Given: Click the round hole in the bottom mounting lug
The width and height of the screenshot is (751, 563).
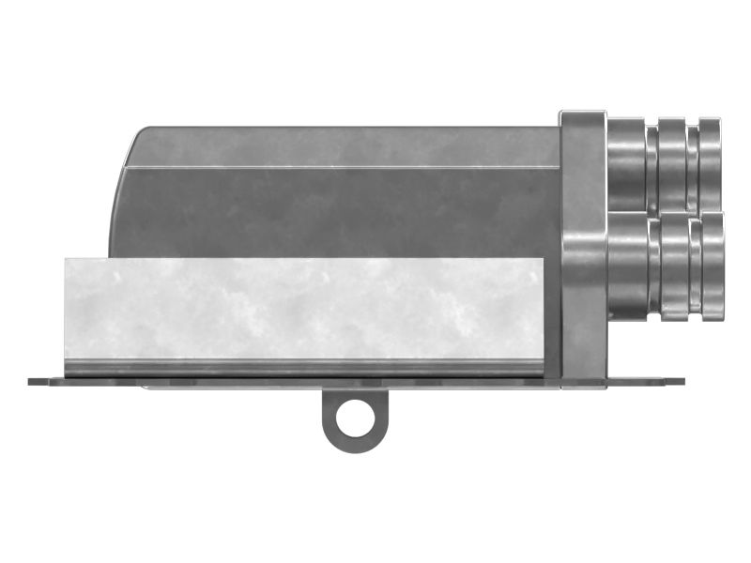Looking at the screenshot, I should point(353,417).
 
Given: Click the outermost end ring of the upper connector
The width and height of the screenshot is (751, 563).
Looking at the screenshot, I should point(710,163).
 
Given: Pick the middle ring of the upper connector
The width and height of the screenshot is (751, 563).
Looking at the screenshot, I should point(672,163).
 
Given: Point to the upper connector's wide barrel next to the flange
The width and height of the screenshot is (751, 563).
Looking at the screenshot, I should point(626,163).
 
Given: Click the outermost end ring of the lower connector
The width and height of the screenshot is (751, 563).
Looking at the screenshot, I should point(713,266).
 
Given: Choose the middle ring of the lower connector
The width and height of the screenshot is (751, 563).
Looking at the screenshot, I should point(675,266).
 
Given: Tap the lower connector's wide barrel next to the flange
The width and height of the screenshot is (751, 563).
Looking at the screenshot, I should point(627,266).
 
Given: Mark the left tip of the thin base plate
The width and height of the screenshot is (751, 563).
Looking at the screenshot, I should point(31,382).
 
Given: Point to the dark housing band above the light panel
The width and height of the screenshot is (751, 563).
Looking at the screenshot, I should point(338,211).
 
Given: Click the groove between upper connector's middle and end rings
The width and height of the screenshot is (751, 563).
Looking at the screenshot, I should point(693,165).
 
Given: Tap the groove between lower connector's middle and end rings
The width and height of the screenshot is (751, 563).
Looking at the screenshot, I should point(696,266).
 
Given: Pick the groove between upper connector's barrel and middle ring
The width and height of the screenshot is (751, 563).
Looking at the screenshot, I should point(651,165).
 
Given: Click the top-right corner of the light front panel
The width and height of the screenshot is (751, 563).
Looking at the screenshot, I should point(542,260).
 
